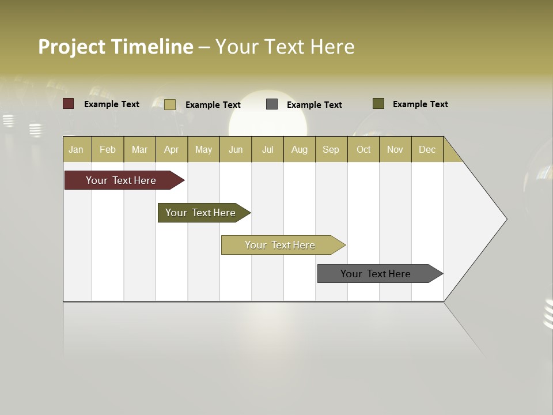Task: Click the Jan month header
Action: click(x=76, y=149)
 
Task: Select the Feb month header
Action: click(x=108, y=149)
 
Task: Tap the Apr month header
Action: click(x=171, y=149)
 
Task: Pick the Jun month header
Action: click(x=236, y=149)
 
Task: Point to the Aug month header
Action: click(x=299, y=149)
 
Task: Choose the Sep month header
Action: click(x=331, y=149)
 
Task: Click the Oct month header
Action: click(x=363, y=149)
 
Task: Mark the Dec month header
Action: click(x=427, y=149)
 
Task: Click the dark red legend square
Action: click(x=69, y=104)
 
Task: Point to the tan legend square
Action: click(x=169, y=104)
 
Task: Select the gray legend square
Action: click(x=272, y=104)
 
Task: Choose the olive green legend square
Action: click(x=378, y=104)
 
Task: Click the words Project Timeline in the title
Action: click(x=115, y=47)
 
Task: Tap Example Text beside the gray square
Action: click(x=314, y=105)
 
